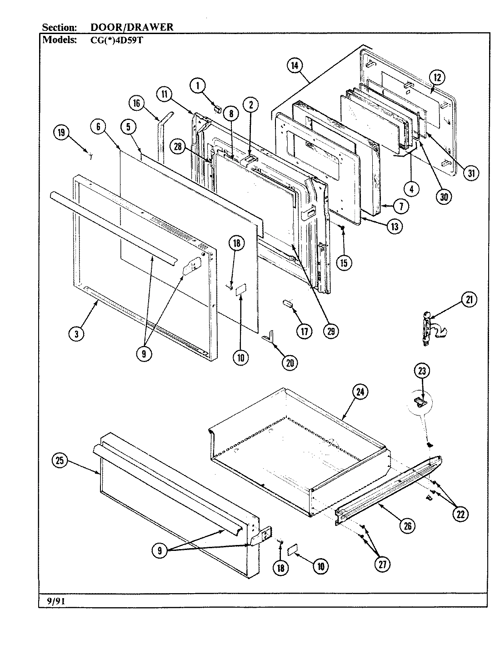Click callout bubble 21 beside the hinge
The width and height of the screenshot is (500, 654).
pos(469,299)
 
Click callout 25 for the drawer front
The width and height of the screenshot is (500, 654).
pos(60,461)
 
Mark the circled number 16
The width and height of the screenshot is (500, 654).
pos(136,103)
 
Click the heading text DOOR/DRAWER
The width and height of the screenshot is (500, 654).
pos(132,27)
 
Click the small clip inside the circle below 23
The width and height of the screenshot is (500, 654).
pos(420,401)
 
